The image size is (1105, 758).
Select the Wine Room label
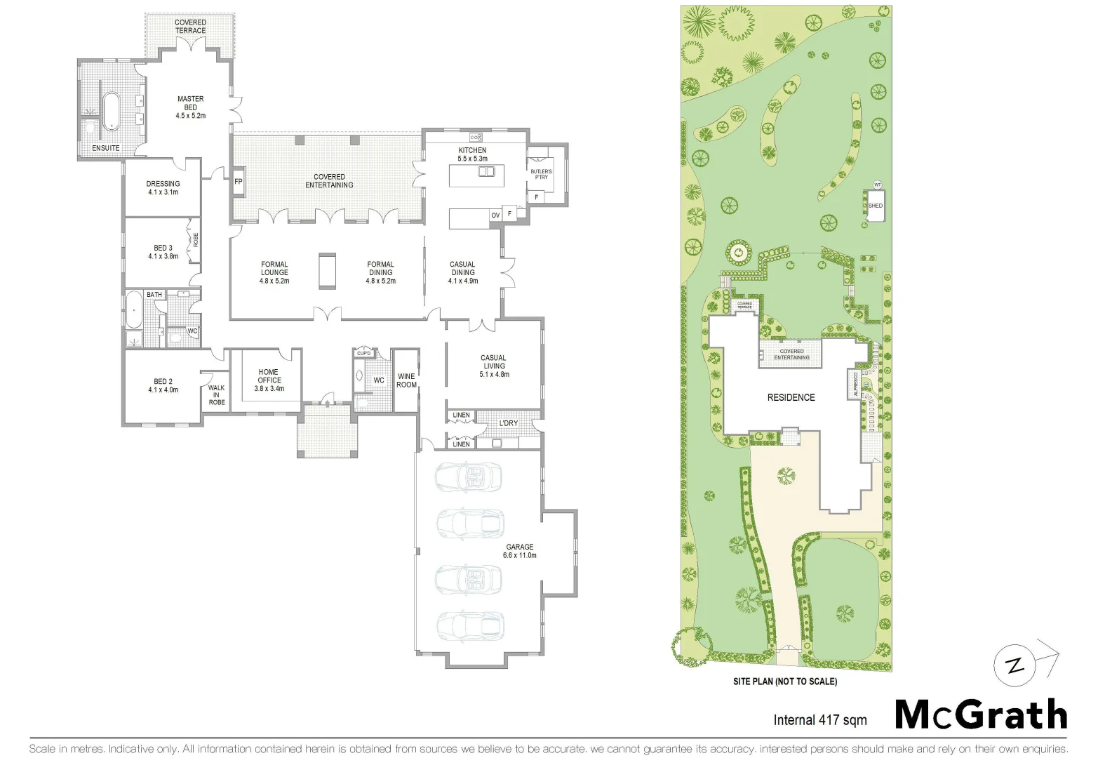click(406, 380)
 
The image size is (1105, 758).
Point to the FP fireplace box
click(239, 181)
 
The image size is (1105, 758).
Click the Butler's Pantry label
click(541, 174)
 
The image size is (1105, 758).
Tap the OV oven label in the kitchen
click(495, 215)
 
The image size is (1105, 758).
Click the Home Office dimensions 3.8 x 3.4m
click(269, 388)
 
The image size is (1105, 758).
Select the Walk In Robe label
click(216, 395)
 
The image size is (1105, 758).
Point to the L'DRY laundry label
click(509, 423)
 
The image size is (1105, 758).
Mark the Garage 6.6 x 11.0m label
click(519, 551)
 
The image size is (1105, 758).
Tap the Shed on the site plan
click(875, 206)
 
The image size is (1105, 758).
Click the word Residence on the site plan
click(791, 397)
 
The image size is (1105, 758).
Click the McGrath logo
click(981, 715)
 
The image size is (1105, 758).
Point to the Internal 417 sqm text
click(819, 719)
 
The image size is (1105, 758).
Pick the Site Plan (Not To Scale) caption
click(784, 681)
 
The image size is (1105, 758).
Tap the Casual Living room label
click(493, 366)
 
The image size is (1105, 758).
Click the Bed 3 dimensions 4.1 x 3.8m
click(163, 256)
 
